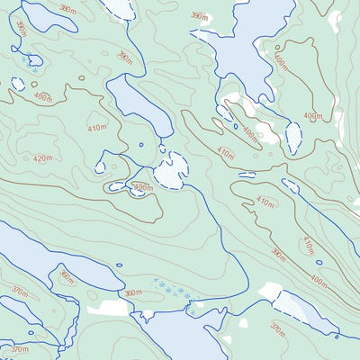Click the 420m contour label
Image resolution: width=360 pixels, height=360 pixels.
point(42,158)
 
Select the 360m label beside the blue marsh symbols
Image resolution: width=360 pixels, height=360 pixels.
point(133,292)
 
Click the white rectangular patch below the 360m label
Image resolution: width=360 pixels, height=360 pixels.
point(114,308)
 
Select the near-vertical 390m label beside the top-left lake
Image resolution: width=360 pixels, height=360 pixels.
point(21,29)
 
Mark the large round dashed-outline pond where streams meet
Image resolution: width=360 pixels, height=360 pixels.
point(170,170)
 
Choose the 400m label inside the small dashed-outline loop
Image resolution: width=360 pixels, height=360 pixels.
point(141,187)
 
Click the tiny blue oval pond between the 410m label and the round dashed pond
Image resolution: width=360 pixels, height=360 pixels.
point(140,144)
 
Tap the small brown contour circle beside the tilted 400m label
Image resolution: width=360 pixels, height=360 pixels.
point(82,78)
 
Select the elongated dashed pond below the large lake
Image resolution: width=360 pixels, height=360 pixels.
point(293,137)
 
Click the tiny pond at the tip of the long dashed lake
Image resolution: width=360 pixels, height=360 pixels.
point(336,337)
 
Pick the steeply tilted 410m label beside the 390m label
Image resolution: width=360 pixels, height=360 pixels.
point(308,244)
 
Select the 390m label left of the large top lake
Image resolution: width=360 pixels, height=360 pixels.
point(67,8)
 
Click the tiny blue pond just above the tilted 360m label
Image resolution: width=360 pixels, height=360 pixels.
point(120,265)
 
